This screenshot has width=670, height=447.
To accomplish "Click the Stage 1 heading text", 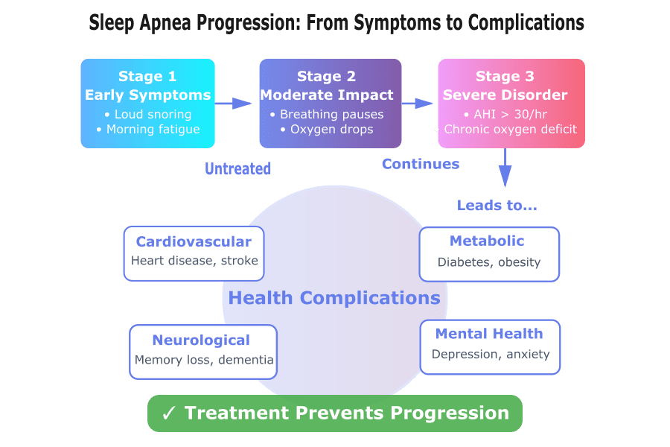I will [x=147, y=77].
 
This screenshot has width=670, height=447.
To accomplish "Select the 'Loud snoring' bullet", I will [x=147, y=114].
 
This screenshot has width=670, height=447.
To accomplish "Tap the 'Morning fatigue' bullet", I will [x=147, y=130].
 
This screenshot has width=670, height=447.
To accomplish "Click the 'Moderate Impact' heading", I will [x=327, y=95].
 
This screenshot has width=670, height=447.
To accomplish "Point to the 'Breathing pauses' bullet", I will [x=327, y=114].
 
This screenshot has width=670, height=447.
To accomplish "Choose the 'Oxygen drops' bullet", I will [x=327, y=130].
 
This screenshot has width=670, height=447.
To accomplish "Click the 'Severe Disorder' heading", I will [x=505, y=95].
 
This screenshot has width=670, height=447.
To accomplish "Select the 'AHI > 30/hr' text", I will [x=505, y=114].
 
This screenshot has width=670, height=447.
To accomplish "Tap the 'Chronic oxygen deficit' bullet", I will [x=506, y=130].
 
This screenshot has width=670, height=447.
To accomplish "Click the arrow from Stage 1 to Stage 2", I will [x=237, y=103].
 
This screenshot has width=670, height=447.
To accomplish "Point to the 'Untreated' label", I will [x=238, y=169].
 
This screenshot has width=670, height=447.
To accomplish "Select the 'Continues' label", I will [x=421, y=163].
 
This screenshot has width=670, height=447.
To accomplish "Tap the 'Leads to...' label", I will [x=497, y=205].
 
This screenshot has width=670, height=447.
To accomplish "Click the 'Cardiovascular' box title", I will [x=194, y=241].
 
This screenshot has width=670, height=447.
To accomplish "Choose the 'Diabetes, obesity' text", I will [x=489, y=261].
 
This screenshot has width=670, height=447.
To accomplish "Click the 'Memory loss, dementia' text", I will [x=204, y=360].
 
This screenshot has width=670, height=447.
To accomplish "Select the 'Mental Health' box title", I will [x=489, y=334].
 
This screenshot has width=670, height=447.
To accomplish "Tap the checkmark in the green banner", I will [x=168, y=413].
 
